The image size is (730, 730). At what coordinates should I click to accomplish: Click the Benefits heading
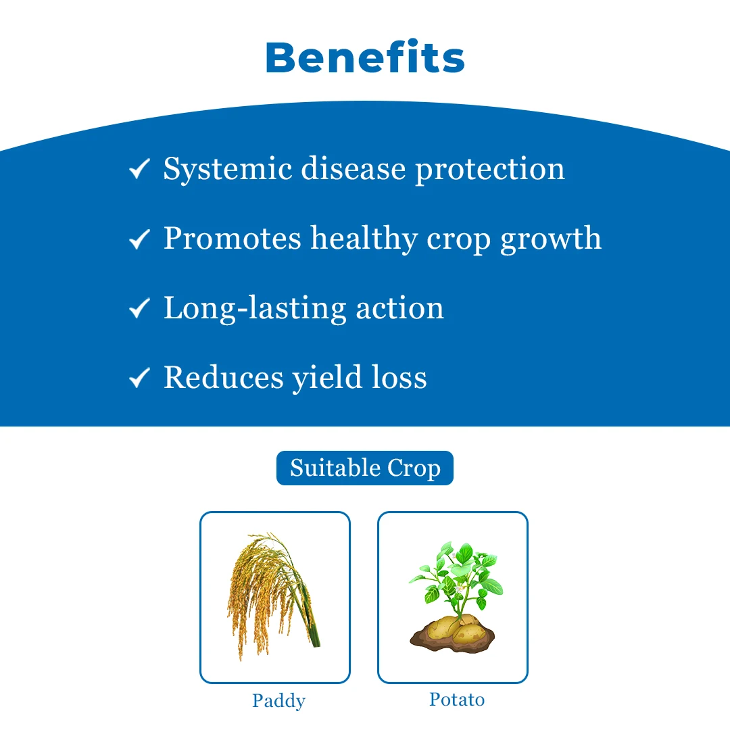point(365,57)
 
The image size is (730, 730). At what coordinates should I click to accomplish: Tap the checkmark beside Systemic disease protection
point(139,169)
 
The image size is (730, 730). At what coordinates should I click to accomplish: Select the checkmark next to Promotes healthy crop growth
point(139,239)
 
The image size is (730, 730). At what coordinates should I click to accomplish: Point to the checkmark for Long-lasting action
point(139,308)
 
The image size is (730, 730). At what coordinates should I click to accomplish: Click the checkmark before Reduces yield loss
point(139,378)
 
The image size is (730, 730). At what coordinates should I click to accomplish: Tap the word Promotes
point(233,239)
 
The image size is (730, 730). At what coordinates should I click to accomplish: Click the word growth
point(551,239)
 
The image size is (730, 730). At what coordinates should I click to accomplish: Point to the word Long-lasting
point(255,309)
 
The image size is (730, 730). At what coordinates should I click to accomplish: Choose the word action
point(400,309)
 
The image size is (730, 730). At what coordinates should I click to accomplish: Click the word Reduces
point(224,377)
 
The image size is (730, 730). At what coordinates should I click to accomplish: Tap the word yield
point(327,378)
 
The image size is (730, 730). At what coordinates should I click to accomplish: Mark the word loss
point(399,377)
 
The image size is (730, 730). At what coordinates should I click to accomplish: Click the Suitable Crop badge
point(365,468)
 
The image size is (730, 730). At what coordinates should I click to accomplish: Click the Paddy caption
point(279,701)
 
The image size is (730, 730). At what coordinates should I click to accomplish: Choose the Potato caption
point(457,700)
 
